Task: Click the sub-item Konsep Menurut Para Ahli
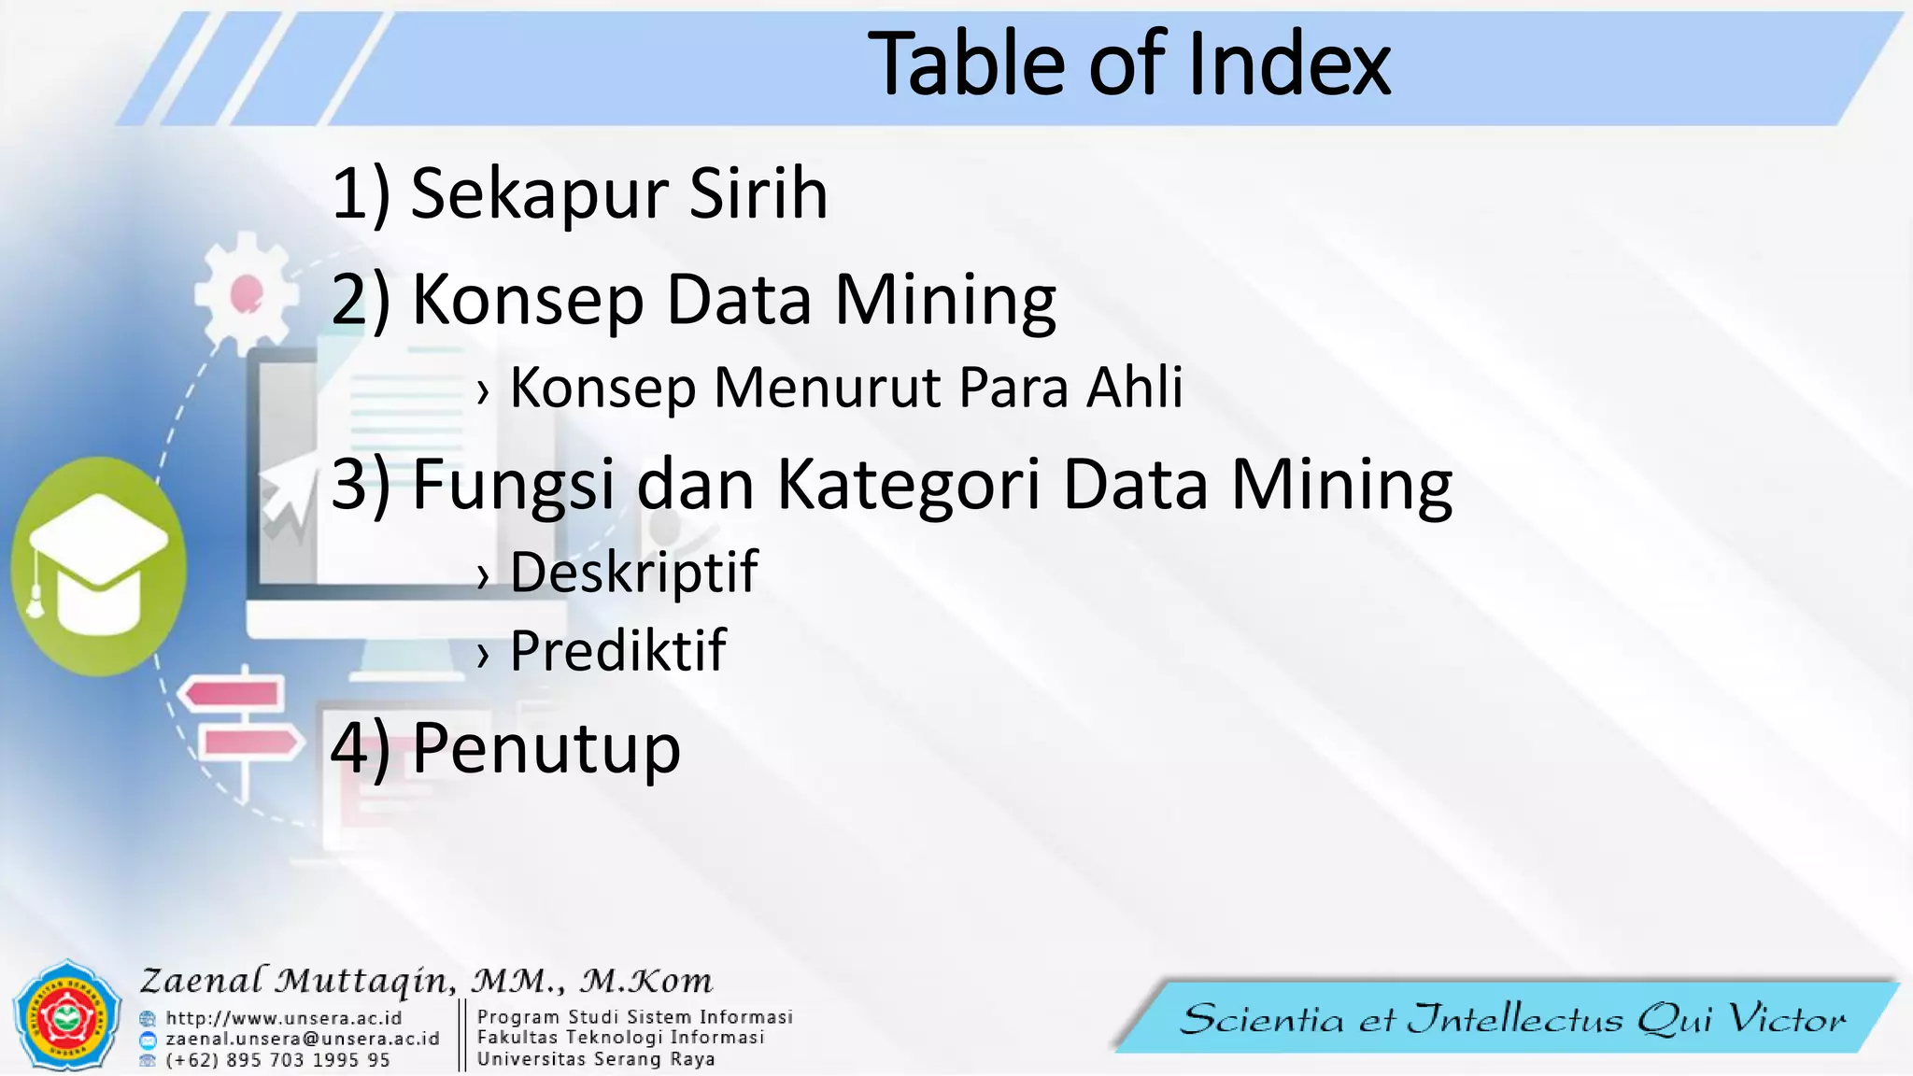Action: pos(845,387)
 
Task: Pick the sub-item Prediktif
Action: pos(617,650)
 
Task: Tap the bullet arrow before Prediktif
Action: pos(482,655)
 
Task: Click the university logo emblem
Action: pos(67,1015)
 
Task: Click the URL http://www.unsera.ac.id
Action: pos(283,1018)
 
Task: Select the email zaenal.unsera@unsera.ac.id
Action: pos(302,1039)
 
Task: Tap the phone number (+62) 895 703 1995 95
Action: pos(277,1060)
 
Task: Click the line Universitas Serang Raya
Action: pos(596,1059)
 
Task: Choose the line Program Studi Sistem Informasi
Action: pos(634,1016)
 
